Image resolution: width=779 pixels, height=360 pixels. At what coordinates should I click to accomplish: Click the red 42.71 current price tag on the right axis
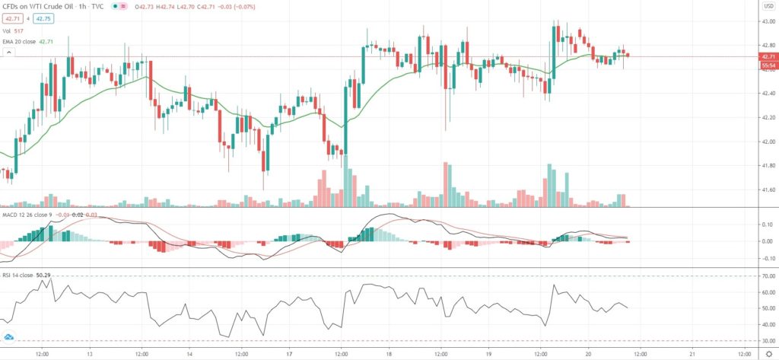pos(768,57)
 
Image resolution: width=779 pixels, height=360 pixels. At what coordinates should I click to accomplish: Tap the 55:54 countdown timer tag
pos(768,65)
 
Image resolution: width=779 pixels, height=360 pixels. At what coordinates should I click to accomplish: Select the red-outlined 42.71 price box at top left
pos(16,17)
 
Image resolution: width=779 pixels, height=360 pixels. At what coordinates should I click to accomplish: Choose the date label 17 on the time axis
pos(288,352)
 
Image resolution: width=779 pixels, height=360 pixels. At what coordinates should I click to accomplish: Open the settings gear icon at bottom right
pos(768,352)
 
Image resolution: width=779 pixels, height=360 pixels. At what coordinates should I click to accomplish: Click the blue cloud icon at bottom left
pos(10,336)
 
